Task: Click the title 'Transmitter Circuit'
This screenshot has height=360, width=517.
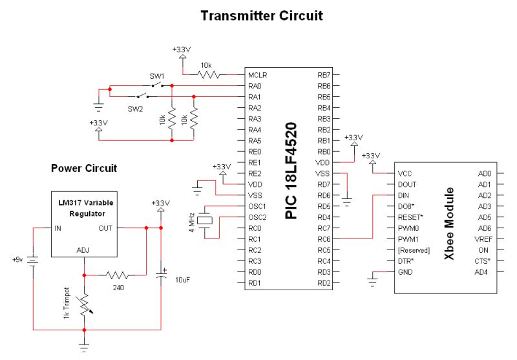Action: [262, 15]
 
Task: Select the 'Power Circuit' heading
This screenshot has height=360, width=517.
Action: [84, 168]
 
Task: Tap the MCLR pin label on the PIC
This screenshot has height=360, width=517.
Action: [258, 75]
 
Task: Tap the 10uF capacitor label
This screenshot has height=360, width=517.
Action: [182, 279]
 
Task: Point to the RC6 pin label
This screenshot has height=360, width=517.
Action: [323, 239]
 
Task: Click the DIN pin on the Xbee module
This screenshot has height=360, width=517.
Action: [404, 195]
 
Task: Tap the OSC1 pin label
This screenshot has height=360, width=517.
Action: [258, 206]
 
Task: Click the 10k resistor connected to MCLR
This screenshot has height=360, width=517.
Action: [208, 75]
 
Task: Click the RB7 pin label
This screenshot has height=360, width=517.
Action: [323, 75]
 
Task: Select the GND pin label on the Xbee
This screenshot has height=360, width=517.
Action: [405, 272]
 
